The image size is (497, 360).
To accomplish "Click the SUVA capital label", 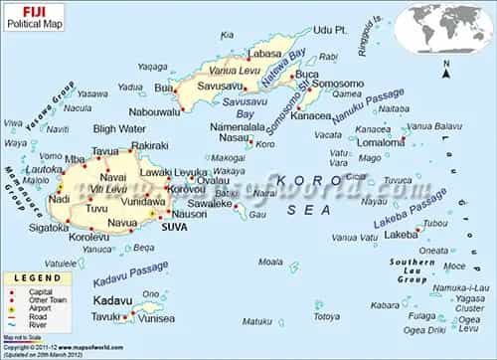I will [173, 227].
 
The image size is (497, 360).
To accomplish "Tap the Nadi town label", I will [58, 199].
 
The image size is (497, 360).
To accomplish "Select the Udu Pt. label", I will [328, 31].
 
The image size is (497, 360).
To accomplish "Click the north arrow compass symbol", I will [445, 69].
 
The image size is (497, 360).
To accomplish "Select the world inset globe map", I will [441, 28].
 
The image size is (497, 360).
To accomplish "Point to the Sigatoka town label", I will [49, 227].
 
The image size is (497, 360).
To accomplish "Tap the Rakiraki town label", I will [149, 146].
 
